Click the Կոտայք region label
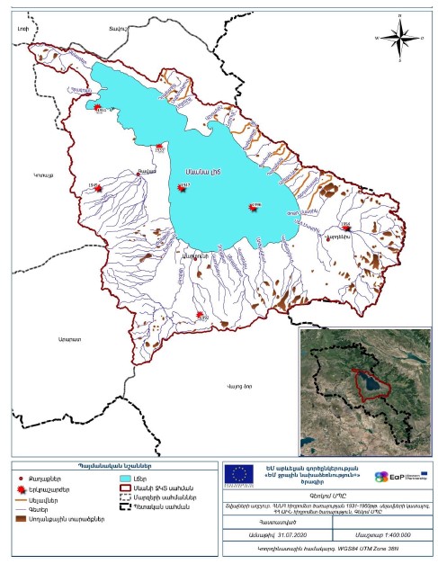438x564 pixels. pos(43,175)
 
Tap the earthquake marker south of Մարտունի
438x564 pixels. pos(200,315)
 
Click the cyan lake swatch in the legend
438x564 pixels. pos(127,480)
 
